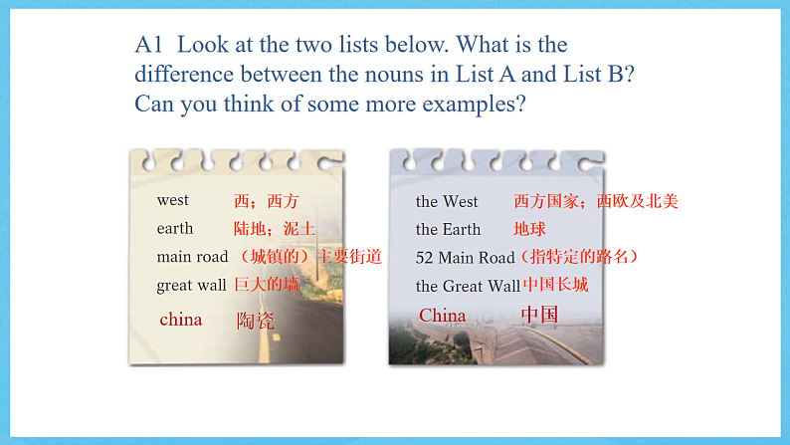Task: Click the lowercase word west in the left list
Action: pyautogui.click(x=172, y=200)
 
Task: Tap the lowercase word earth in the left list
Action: pyautogui.click(x=175, y=228)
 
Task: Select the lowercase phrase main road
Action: pyautogui.click(x=192, y=257)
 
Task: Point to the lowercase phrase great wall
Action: pyautogui.click(x=191, y=286)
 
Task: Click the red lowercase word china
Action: pyautogui.click(x=180, y=320)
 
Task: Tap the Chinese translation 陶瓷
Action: pyautogui.click(x=256, y=321)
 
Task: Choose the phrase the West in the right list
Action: pyautogui.click(x=447, y=201)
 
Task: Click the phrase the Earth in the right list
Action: pyautogui.click(x=448, y=229)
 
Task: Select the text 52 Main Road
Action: pyautogui.click(x=465, y=257)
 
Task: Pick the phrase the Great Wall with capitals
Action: pyautogui.click(x=468, y=286)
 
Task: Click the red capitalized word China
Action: pyautogui.click(x=442, y=316)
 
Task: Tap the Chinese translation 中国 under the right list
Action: pyautogui.click(x=539, y=316)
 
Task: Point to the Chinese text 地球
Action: pyautogui.click(x=530, y=229)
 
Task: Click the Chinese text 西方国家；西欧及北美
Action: pyautogui.click(x=595, y=201)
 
